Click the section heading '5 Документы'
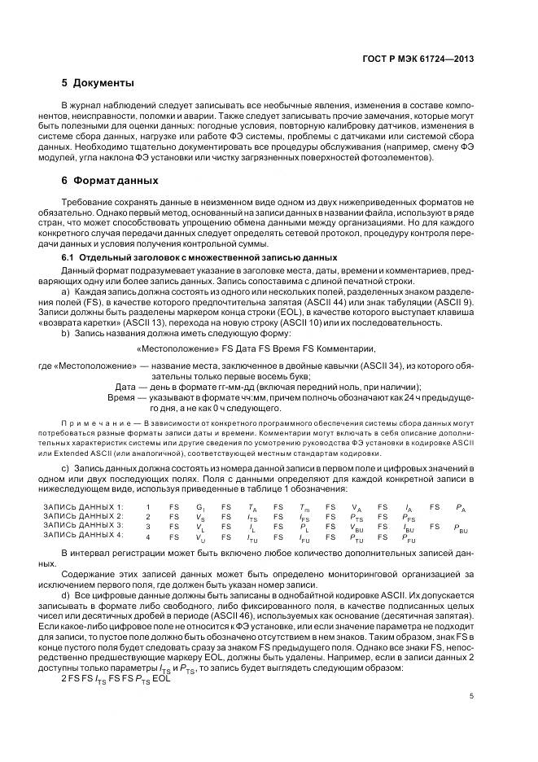coord(98,83)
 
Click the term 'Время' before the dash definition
coord(123,397)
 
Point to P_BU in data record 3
coord(461,528)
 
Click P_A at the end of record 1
coord(461,507)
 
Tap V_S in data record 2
coord(199,517)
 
